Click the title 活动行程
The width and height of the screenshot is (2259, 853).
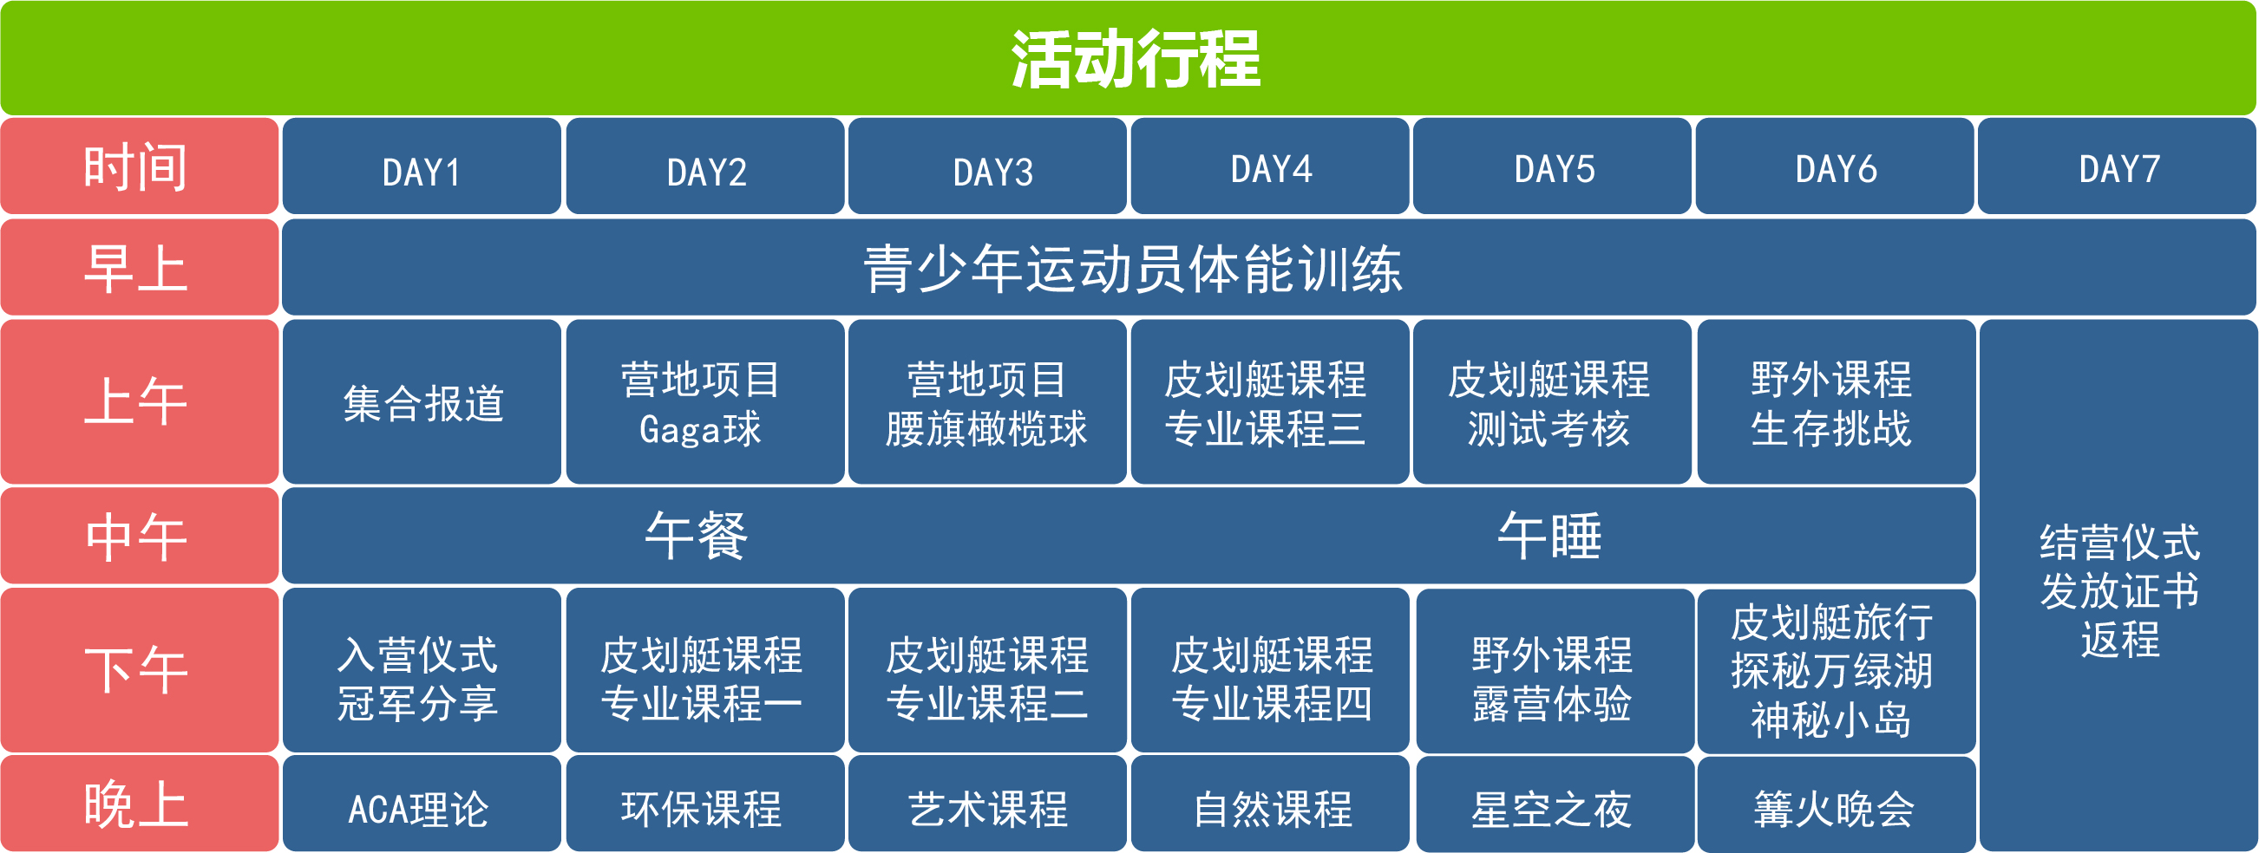pyautogui.click(x=1136, y=60)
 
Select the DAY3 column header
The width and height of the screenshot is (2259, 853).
pyautogui.click(x=987, y=166)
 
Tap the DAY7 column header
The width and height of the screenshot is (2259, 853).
pyautogui.click(x=2117, y=166)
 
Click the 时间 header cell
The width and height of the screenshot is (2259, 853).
pyautogui.click(x=140, y=166)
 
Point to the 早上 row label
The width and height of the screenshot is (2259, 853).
pyautogui.click(x=140, y=267)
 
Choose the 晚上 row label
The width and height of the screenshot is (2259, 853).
pyautogui.click(x=140, y=803)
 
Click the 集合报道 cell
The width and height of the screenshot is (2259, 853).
pyautogui.click(x=422, y=401)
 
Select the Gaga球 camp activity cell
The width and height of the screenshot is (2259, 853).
pyautogui.click(x=705, y=401)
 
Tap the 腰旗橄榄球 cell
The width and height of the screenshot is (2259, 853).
pyautogui.click(x=987, y=401)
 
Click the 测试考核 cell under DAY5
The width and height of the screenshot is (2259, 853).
pyautogui.click(x=1552, y=401)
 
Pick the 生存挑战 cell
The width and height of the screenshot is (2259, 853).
pyautogui.click(x=1837, y=401)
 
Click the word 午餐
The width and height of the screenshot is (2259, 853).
pyautogui.click(x=697, y=536)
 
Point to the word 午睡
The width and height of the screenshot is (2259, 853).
pyautogui.click(x=1549, y=536)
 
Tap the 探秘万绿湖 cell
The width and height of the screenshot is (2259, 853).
pyautogui.click(x=1837, y=671)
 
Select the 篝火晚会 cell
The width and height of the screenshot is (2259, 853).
pyautogui.click(x=1837, y=804)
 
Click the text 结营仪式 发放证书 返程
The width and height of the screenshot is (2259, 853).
pyautogui.click(x=2119, y=590)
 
